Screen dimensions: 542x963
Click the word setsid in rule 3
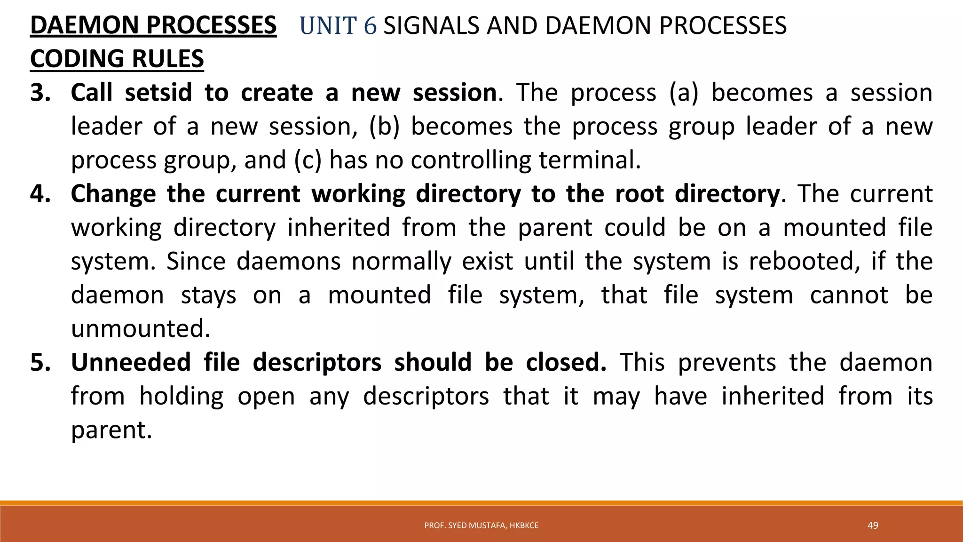tap(158, 93)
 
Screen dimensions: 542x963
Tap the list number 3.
tap(40, 93)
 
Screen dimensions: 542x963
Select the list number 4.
tap(40, 194)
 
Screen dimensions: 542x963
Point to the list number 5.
tap(40, 362)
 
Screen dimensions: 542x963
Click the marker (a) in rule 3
tap(684, 93)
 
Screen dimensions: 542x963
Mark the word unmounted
tap(140, 328)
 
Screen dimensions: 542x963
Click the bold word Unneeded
tap(131, 362)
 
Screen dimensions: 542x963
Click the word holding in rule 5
tap(182, 396)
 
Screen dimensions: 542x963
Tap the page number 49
tap(873, 525)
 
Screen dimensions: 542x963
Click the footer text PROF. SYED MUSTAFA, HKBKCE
tap(481, 526)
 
